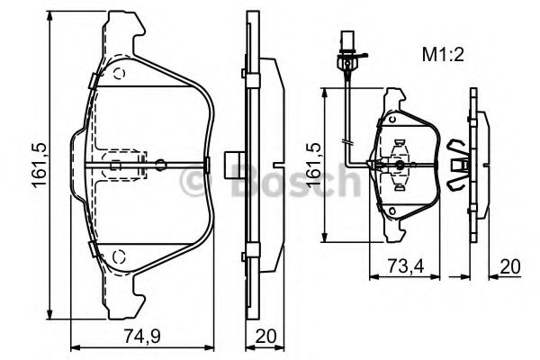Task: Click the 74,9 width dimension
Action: tap(142, 336)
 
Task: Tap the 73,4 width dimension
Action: tap(406, 266)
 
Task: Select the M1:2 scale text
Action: tap(443, 55)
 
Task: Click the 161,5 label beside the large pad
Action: tap(40, 165)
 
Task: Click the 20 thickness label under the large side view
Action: tap(265, 336)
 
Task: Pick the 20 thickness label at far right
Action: tap(510, 266)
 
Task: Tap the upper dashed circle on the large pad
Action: tap(119, 74)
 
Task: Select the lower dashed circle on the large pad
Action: tap(119, 256)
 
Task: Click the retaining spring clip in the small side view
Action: tap(458, 165)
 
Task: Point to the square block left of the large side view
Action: tap(234, 165)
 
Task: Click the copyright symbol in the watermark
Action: tap(193, 181)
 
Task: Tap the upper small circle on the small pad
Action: tap(391, 119)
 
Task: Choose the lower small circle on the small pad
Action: tap(391, 211)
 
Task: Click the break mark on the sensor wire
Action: tap(346, 141)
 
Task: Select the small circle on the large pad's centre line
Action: tap(160, 165)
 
